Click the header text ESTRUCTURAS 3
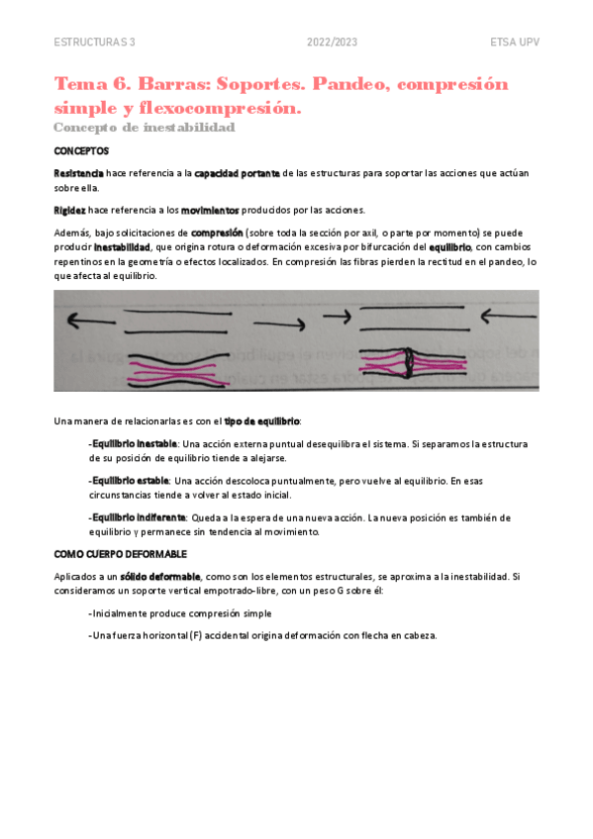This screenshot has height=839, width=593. pos(95,42)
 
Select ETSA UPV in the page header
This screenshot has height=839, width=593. pos(514,42)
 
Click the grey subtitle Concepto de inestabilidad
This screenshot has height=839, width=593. pos(144,128)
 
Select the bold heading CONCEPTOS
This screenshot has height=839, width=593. pos(81,151)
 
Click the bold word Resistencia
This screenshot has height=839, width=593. pos(78,173)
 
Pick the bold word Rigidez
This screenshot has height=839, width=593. pos(69,210)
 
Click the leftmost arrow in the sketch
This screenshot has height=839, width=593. pos(85,320)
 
